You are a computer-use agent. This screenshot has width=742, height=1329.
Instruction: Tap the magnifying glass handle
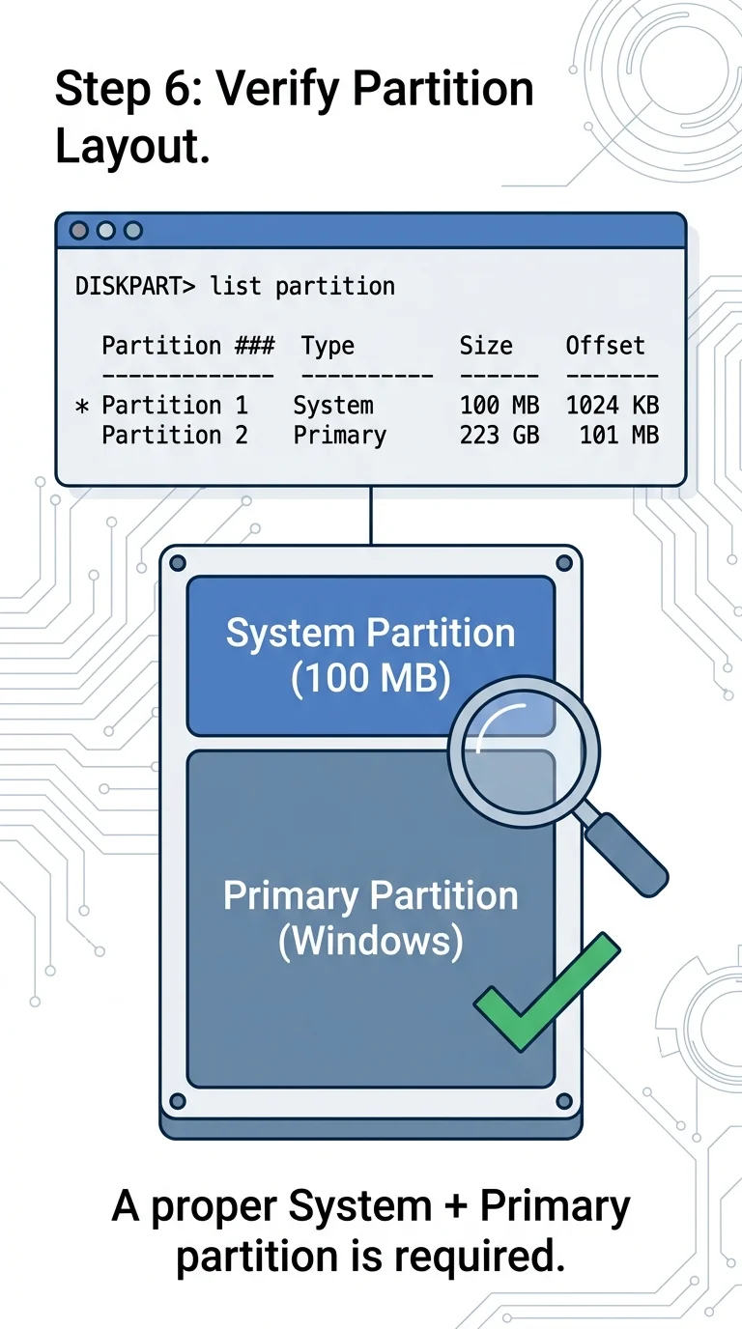click(x=627, y=855)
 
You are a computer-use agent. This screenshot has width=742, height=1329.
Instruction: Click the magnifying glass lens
click(x=524, y=751)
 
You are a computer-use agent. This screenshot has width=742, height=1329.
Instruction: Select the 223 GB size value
click(x=499, y=435)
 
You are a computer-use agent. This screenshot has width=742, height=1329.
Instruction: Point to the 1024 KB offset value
click(x=612, y=406)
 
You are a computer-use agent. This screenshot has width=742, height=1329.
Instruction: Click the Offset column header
click(x=605, y=346)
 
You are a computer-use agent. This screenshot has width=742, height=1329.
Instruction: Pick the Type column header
click(x=328, y=346)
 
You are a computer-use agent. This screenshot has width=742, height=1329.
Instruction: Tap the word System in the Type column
click(x=333, y=406)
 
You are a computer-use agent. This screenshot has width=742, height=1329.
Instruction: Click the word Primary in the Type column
click(x=339, y=436)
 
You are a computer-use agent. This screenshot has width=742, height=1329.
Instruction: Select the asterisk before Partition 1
click(x=82, y=407)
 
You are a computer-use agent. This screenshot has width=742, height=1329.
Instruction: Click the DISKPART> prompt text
click(x=134, y=286)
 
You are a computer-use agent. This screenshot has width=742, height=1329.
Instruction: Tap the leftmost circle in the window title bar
click(x=79, y=230)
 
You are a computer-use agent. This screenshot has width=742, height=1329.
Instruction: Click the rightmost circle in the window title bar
click(x=133, y=230)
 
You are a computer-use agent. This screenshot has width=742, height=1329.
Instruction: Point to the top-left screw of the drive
click(x=178, y=563)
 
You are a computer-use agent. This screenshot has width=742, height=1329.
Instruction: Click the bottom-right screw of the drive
click(x=564, y=1101)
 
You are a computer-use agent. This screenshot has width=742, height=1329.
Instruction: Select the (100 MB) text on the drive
click(x=370, y=678)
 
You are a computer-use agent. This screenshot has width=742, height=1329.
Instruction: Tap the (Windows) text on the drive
click(x=371, y=941)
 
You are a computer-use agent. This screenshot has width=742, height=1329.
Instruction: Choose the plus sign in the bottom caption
click(x=455, y=1205)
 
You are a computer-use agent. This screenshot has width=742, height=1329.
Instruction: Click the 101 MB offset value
click(x=619, y=435)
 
